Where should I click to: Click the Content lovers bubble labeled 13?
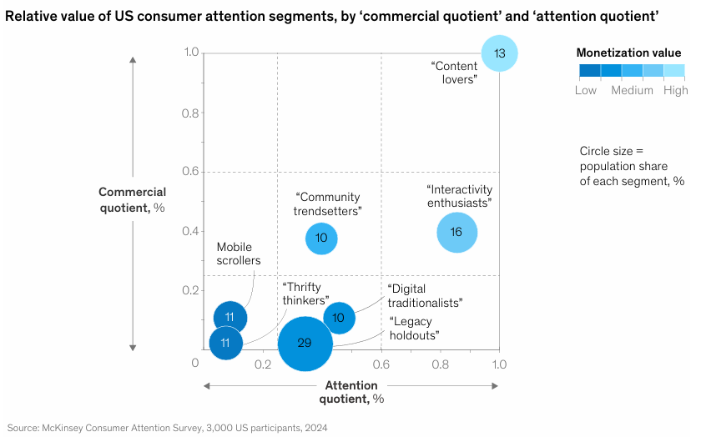click(x=499, y=53)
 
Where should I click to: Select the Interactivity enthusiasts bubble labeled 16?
click(x=456, y=232)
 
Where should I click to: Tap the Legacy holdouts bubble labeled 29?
click(x=305, y=344)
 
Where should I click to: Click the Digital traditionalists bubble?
click(x=339, y=318)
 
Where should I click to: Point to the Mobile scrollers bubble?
click(x=229, y=317)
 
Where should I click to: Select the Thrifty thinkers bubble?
click(x=225, y=343)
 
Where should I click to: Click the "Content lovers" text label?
click(x=454, y=72)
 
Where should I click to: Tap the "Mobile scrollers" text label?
click(x=239, y=254)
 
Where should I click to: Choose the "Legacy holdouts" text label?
click(x=415, y=329)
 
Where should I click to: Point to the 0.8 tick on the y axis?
click(x=192, y=113)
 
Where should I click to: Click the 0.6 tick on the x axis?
click(x=381, y=364)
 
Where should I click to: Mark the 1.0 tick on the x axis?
click(x=499, y=364)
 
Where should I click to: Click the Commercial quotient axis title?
click(x=133, y=200)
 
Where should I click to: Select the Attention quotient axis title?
click(x=351, y=392)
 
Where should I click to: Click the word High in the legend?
click(x=675, y=90)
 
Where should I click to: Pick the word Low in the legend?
click(x=586, y=90)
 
